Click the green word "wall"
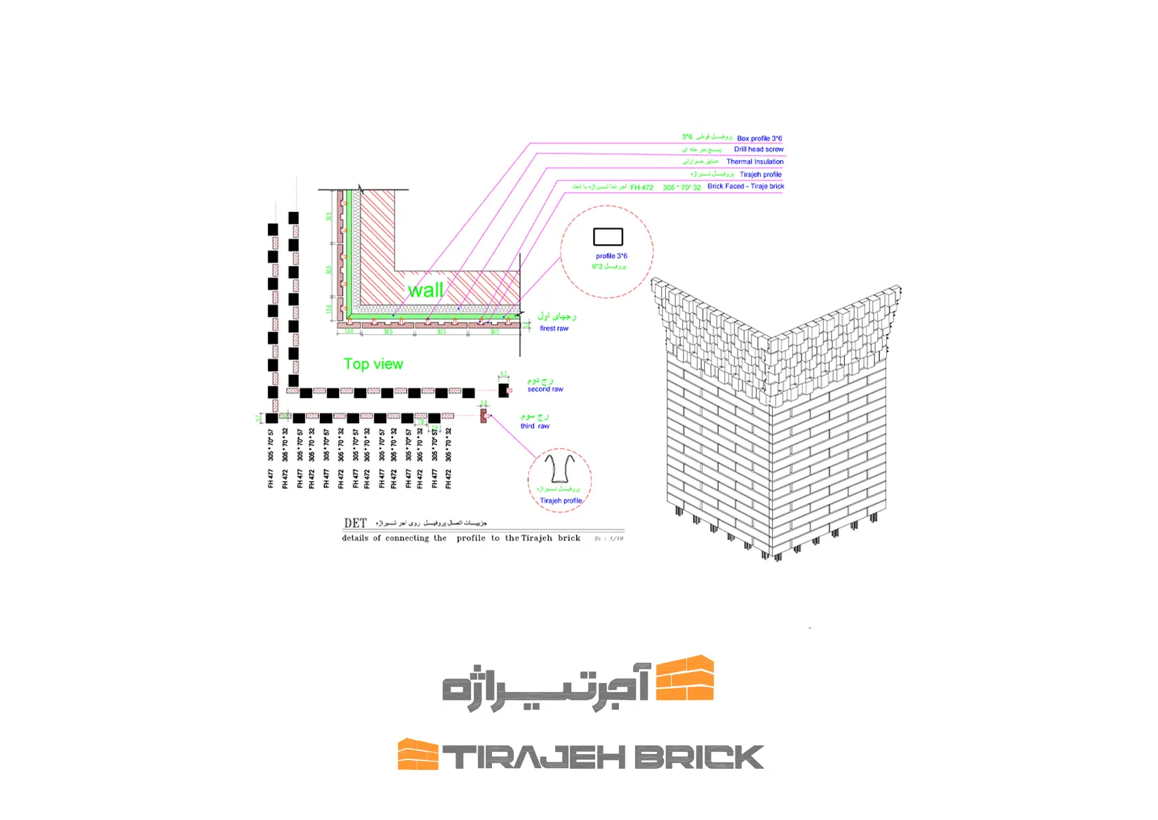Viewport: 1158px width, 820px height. pos(425,290)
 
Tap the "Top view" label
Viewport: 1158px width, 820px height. pos(373,364)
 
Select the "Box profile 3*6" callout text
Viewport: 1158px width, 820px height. pos(759,138)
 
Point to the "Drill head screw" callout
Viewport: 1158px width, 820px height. pos(759,150)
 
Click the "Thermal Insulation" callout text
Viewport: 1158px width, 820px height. pos(755,161)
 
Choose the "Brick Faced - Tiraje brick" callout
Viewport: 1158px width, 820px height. pos(745,186)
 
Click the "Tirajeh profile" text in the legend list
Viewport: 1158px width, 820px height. pos(761,174)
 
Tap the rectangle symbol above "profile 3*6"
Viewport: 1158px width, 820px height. pos(608,237)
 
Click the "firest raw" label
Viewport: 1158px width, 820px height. pos(554,329)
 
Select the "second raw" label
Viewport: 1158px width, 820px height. pos(545,389)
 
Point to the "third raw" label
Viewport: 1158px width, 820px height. pos(535,426)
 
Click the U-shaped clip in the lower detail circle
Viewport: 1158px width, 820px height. pos(559,468)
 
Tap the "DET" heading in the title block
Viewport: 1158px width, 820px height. pos(355,523)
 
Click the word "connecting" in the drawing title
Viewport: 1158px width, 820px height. pos(407,538)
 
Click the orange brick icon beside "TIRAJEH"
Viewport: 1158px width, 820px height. pos(418,754)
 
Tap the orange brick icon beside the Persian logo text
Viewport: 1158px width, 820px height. pos(685,678)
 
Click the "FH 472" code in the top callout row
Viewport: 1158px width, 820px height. pos(641,187)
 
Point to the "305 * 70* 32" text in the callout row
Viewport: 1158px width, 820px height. pos(681,187)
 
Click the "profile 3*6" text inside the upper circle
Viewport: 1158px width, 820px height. pos(611,256)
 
